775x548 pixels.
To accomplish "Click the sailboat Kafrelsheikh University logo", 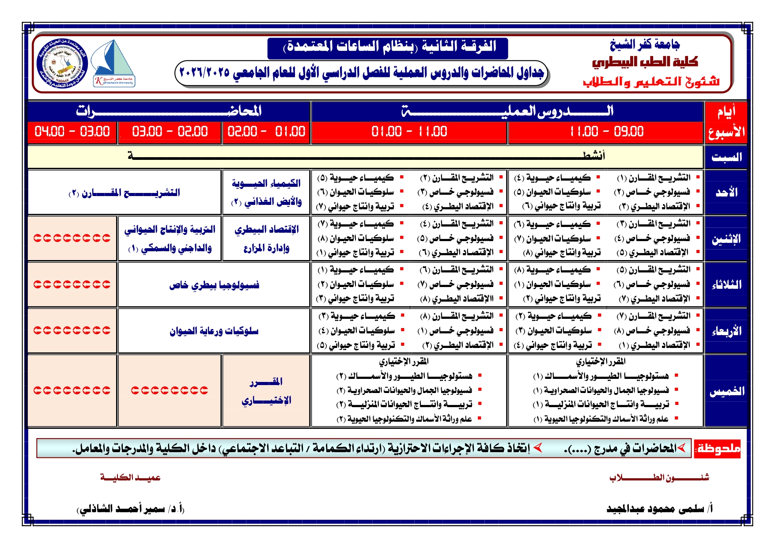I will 114,63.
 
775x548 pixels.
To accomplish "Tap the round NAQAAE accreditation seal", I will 62,63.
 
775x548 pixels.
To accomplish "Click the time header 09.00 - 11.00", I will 606,132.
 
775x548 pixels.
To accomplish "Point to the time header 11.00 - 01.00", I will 409,132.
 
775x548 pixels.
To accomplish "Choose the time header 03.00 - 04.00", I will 72,132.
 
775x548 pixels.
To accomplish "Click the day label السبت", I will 726,157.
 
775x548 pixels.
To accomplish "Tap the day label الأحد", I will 726,193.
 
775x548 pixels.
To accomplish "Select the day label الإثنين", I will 726,239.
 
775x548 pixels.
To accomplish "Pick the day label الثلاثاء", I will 726,285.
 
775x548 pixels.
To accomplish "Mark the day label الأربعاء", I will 726,331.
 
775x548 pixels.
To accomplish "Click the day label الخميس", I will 726,391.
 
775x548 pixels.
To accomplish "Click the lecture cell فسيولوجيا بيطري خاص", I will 214,285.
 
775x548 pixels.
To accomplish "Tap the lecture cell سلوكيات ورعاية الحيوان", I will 214,331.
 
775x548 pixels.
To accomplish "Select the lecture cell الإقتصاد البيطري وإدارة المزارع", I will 266,238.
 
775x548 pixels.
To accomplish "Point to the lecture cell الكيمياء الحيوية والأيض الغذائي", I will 266,193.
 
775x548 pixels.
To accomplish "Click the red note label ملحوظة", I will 718,449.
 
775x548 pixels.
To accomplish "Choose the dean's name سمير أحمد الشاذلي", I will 131,509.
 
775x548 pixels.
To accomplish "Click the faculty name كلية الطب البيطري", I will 645,62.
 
